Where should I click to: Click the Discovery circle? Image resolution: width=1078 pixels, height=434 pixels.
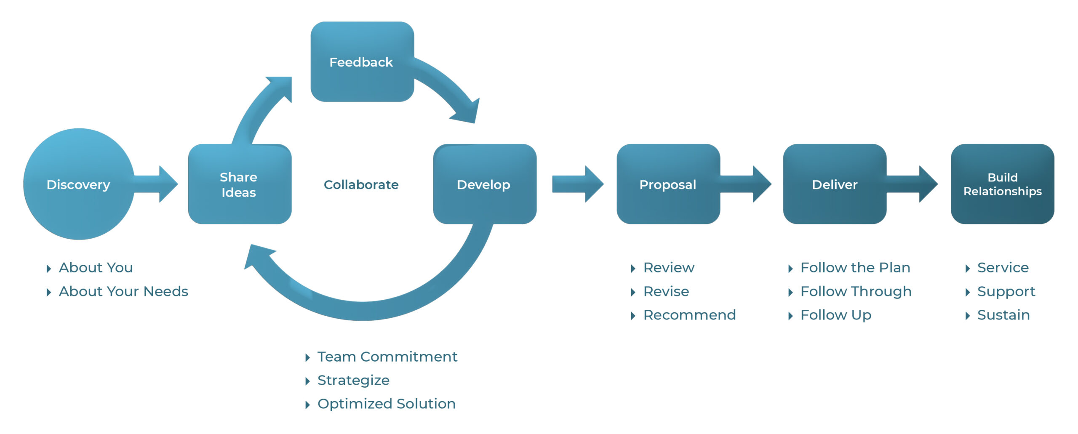pos(79,184)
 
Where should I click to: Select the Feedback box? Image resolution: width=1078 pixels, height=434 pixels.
pos(362,62)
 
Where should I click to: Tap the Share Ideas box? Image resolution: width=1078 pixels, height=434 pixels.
pos(239,184)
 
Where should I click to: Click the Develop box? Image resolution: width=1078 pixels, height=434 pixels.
pos(484,184)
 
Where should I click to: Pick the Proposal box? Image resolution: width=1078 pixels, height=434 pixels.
pos(668,184)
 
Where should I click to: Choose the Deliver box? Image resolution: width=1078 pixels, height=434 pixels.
pos(834,184)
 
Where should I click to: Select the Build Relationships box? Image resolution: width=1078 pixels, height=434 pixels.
pos(1002,184)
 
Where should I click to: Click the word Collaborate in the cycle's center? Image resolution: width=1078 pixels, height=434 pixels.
pos(361,184)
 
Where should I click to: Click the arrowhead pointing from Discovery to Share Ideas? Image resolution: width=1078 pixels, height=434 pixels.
pos(168,184)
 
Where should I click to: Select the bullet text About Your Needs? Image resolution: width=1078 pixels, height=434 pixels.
pos(123,291)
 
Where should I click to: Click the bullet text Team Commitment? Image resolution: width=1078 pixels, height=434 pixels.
pos(387,357)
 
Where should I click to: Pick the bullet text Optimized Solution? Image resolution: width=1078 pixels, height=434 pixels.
pos(386,404)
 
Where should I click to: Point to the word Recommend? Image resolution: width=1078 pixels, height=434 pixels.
pos(689,315)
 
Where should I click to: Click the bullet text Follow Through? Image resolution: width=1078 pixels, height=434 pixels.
pos(856,291)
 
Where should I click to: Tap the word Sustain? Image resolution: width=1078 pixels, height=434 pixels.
pos(1003,315)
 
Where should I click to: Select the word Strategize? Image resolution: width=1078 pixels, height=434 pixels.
pos(353,380)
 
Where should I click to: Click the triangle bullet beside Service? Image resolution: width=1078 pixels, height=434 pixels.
pos(968,268)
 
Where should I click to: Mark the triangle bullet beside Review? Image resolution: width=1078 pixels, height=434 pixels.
pos(633,268)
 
